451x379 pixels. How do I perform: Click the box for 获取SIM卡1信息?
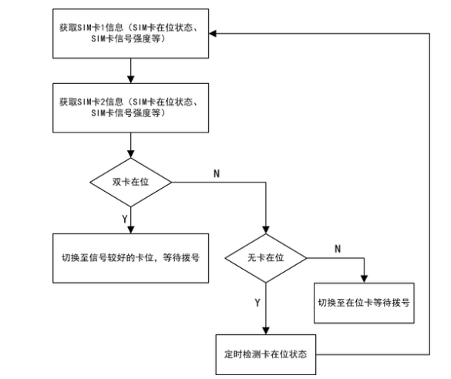click(x=130, y=33)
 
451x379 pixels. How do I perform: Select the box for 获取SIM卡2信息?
click(x=130, y=108)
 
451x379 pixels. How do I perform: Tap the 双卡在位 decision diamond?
click(x=130, y=182)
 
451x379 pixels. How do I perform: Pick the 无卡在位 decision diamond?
click(x=266, y=258)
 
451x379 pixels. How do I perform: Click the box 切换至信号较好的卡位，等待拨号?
click(x=130, y=258)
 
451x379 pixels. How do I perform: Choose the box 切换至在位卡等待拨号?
click(x=364, y=303)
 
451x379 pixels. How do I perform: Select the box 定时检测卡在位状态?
click(x=266, y=354)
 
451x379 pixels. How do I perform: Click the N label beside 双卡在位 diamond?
click(x=217, y=173)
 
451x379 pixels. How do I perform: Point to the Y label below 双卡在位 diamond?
click(x=125, y=220)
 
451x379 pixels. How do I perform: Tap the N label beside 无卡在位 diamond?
click(x=338, y=249)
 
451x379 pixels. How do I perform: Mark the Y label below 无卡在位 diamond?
click(x=257, y=303)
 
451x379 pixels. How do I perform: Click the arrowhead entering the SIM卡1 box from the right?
click(x=213, y=34)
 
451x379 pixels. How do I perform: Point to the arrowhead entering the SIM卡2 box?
click(x=130, y=79)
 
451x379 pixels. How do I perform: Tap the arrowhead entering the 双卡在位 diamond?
click(x=130, y=154)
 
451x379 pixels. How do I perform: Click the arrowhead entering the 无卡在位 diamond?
click(x=266, y=230)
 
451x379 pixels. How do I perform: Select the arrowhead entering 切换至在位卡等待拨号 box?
click(x=364, y=279)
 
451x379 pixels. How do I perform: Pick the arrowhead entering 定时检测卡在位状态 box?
click(x=266, y=330)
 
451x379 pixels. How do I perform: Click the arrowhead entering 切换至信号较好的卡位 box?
click(x=130, y=230)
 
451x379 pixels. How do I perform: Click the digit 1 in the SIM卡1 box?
click(x=103, y=28)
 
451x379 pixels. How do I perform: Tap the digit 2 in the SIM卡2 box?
click(x=103, y=102)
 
